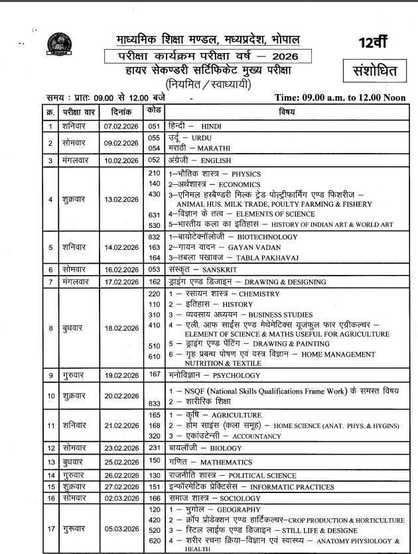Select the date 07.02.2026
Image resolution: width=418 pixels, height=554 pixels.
[x=119, y=125]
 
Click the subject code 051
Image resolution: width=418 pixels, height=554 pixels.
[x=155, y=125]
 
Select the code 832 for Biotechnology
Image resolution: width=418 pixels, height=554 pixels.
[x=155, y=237]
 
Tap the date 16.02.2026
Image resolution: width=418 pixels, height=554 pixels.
[x=119, y=270]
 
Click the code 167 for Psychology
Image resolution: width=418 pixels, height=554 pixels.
[x=155, y=375]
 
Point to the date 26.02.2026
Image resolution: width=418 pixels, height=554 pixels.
[x=119, y=475]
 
